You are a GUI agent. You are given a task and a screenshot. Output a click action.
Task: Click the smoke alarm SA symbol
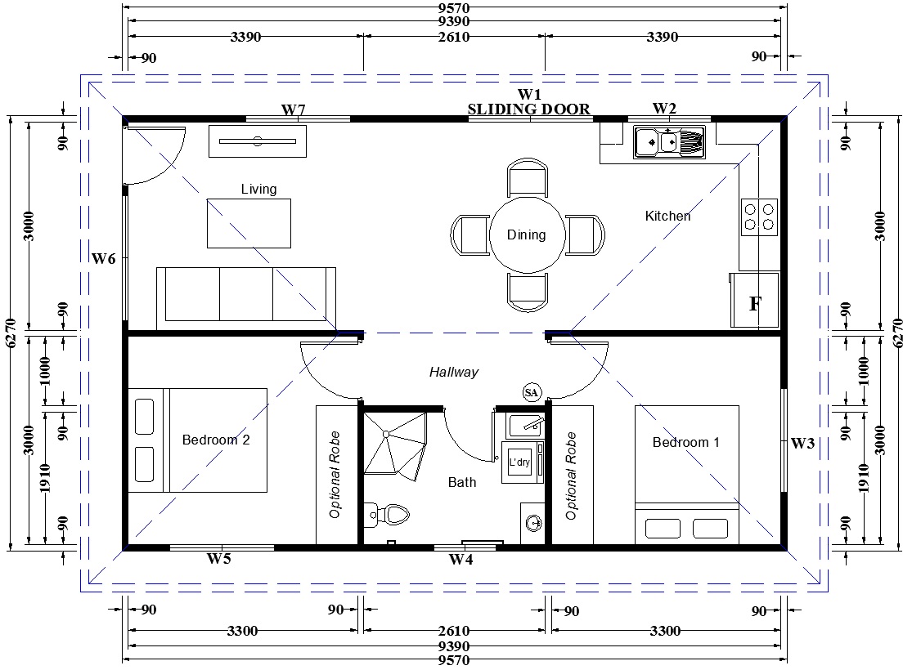pyautogui.click(x=531, y=393)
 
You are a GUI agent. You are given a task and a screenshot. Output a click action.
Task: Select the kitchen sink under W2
pyautogui.click(x=669, y=142)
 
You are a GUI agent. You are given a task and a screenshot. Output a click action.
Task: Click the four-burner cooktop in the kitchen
pyautogui.click(x=759, y=217)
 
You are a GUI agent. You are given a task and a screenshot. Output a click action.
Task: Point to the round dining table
pyautogui.click(x=527, y=234)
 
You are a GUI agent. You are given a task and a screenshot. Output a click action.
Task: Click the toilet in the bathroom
pyautogui.click(x=389, y=514)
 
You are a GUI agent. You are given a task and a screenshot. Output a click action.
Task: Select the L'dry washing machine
pyautogui.click(x=523, y=462)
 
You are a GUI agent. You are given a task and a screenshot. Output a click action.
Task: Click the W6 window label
pyautogui.click(x=104, y=259)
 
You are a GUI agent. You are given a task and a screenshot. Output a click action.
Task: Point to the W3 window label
pyautogui.click(x=802, y=444)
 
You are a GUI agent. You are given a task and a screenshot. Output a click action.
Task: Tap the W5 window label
pyautogui.click(x=219, y=559)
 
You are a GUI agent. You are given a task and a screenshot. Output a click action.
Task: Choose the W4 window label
pyautogui.click(x=460, y=560)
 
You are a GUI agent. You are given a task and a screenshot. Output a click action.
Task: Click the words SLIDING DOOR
pyautogui.click(x=528, y=109)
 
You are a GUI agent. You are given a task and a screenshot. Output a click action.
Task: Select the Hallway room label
pyautogui.click(x=454, y=372)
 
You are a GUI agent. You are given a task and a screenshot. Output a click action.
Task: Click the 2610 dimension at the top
pyautogui.click(x=454, y=37)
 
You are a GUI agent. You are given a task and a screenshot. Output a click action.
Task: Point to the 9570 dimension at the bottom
pyautogui.click(x=454, y=660)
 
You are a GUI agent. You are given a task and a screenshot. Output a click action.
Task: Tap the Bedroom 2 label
pyautogui.click(x=216, y=440)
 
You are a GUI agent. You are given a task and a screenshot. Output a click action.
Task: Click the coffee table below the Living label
pyautogui.click(x=249, y=224)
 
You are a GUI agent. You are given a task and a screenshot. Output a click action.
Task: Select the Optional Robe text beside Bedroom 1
pyautogui.click(x=571, y=476)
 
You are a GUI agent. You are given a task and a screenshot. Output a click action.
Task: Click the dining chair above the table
pyautogui.click(x=528, y=177)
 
